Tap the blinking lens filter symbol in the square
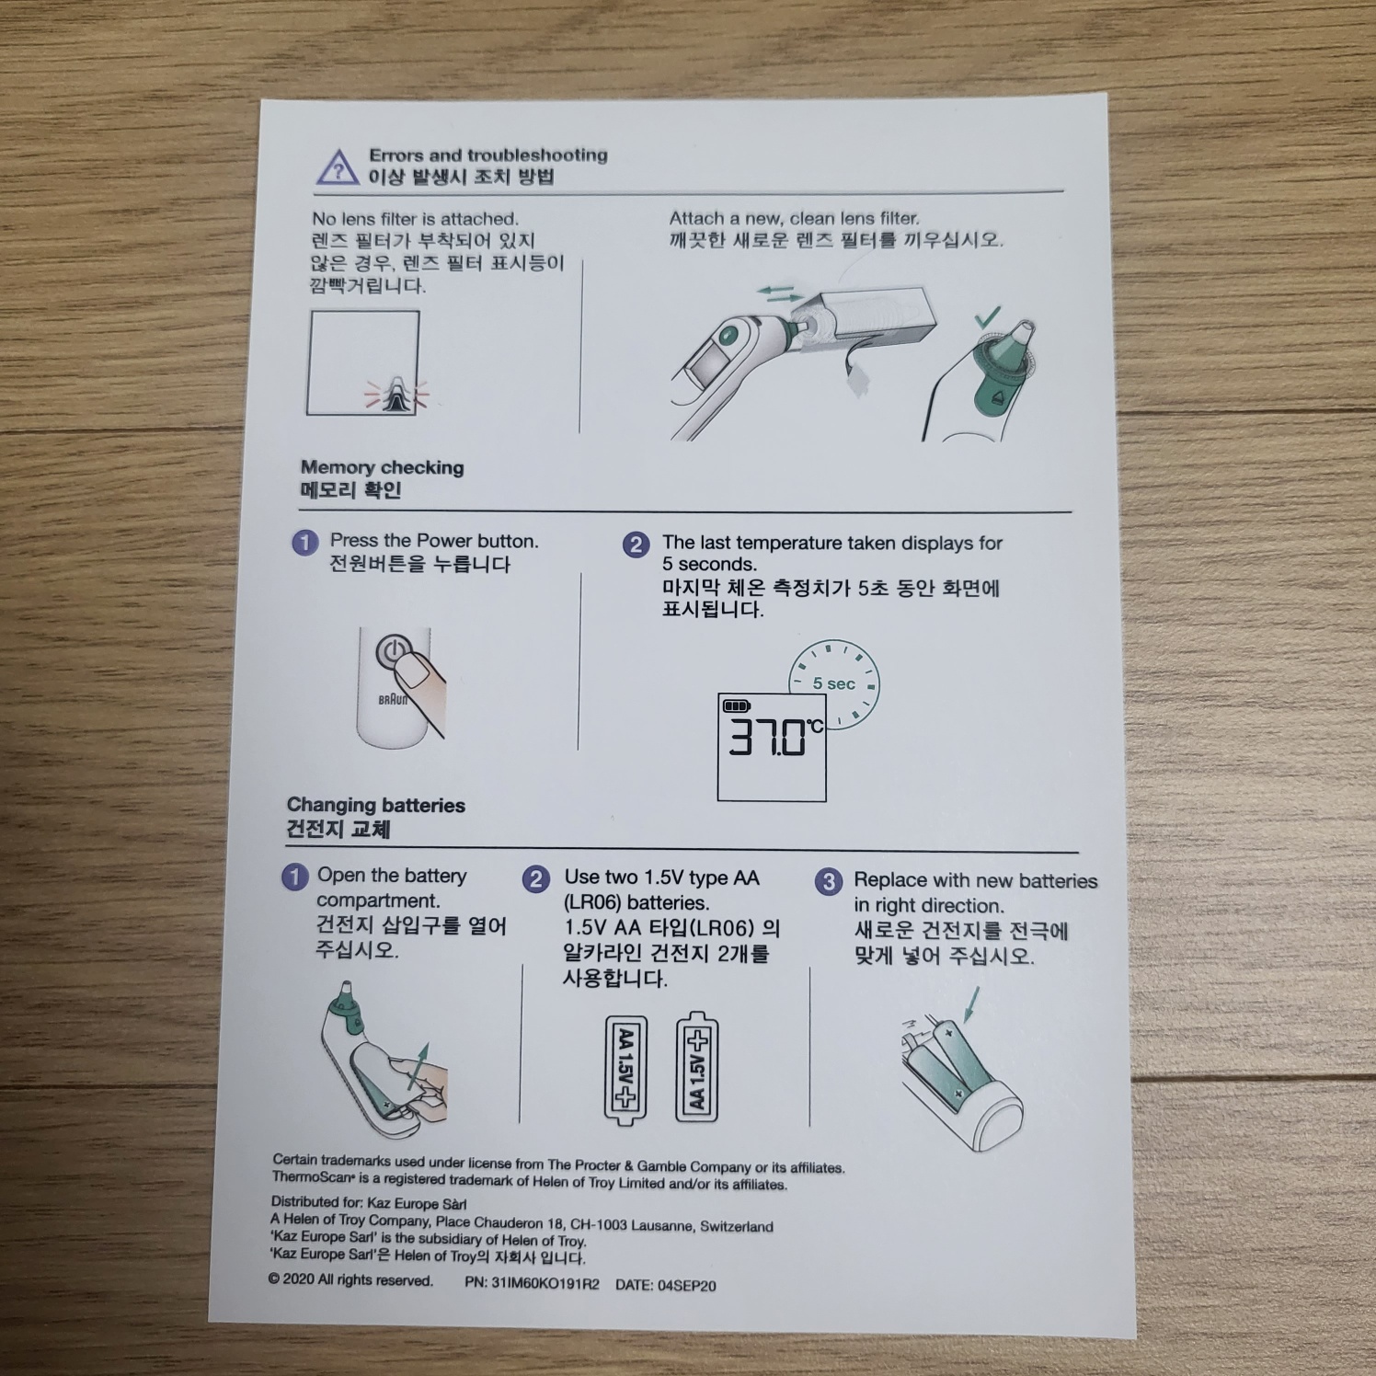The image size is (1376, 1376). click(396, 396)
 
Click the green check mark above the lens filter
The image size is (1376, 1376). click(987, 318)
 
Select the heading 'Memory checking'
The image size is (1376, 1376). click(383, 467)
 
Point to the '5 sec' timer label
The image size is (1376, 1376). click(833, 683)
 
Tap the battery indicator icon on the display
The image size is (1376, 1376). click(738, 705)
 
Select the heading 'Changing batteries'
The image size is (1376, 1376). click(376, 806)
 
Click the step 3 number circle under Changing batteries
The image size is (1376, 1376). click(828, 882)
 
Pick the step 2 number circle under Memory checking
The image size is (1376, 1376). click(636, 545)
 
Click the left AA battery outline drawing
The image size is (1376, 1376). click(625, 1070)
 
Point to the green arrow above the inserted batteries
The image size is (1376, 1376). click(970, 1004)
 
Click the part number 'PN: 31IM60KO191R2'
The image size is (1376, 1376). click(532, 1284)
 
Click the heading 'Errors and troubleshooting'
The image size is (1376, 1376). click(488, 155)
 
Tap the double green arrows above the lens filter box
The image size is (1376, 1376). click(779, 293)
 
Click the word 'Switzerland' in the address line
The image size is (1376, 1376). click(737, 1226)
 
